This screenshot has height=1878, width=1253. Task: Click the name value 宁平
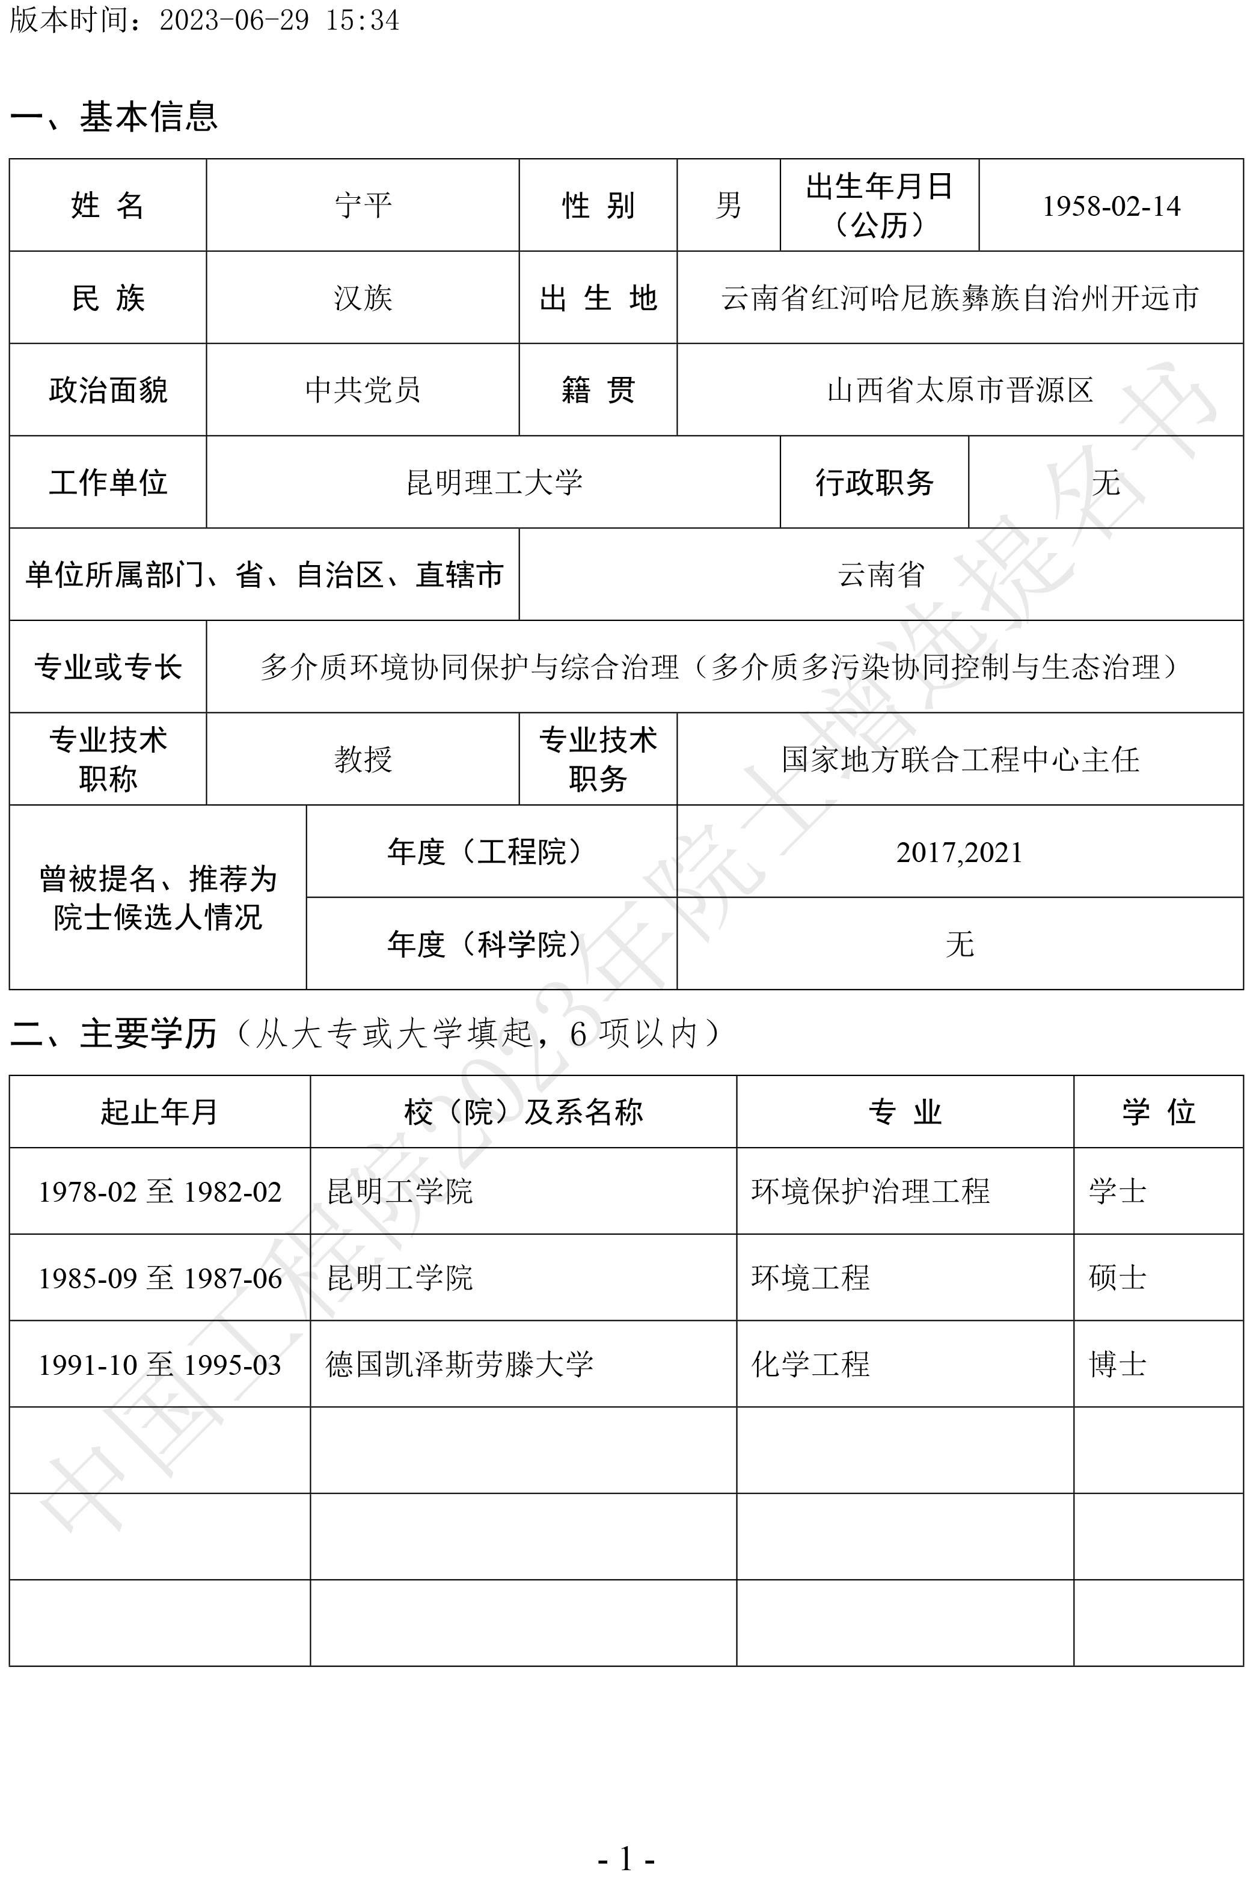[363, 206]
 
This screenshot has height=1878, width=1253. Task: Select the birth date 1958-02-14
[1111, 206]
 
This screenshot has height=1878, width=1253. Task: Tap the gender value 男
[728, 206]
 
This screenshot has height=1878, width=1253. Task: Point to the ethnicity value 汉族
[363, 298]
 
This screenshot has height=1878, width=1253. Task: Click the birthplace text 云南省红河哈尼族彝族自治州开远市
[960, 298]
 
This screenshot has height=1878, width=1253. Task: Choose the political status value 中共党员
[363, 390]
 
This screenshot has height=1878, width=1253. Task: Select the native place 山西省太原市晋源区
[960, 390]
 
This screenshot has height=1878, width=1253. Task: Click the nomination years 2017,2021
[959, 852]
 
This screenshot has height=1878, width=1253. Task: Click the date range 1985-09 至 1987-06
[160, 1278]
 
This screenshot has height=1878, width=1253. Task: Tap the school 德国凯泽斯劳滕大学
[459, 1365]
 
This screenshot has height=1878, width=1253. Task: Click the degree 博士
[1117, 1365]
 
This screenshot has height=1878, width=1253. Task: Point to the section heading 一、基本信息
[114, 117]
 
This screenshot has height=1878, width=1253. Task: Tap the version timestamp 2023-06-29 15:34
[279, 20]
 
